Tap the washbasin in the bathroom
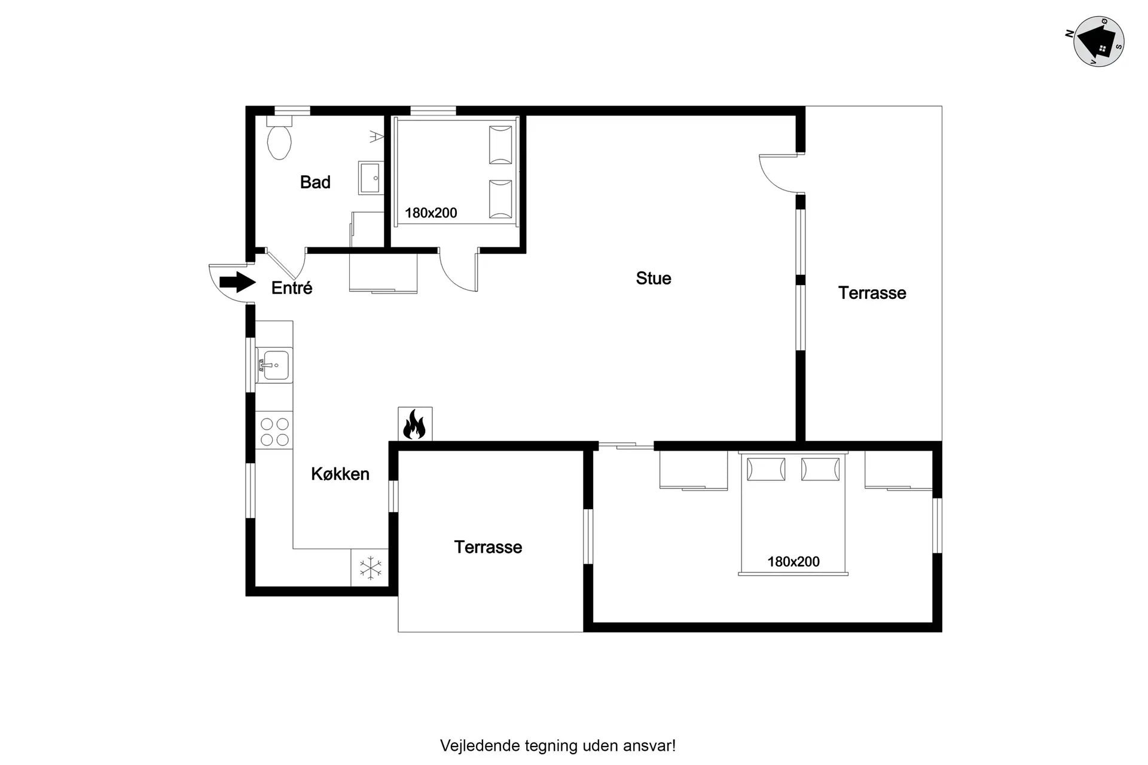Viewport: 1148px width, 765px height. click(371, 178)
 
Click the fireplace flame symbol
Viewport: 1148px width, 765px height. click(415, 424)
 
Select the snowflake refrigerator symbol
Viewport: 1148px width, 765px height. click(370, 568)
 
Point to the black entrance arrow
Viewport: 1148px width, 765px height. click(237, 282)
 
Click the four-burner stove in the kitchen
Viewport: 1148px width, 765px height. click(274, 431)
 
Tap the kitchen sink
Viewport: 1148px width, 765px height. click(274, 365)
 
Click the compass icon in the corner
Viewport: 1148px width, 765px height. click(1098, 41)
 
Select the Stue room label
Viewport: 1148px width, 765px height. click(654, 279)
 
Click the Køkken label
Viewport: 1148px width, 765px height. click(340, 474)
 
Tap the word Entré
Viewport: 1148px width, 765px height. click(292, 288)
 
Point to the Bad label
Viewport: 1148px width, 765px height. click(315, 182)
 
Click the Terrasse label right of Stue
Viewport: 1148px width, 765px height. click(872, 293)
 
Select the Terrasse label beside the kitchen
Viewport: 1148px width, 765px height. click(488, 547)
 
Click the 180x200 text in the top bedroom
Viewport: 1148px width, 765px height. click(430, 213)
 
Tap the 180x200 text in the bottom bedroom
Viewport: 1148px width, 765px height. click(793, 562)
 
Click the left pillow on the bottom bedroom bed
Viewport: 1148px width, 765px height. click(766, 469)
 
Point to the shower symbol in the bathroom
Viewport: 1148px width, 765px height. click(376, 136)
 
